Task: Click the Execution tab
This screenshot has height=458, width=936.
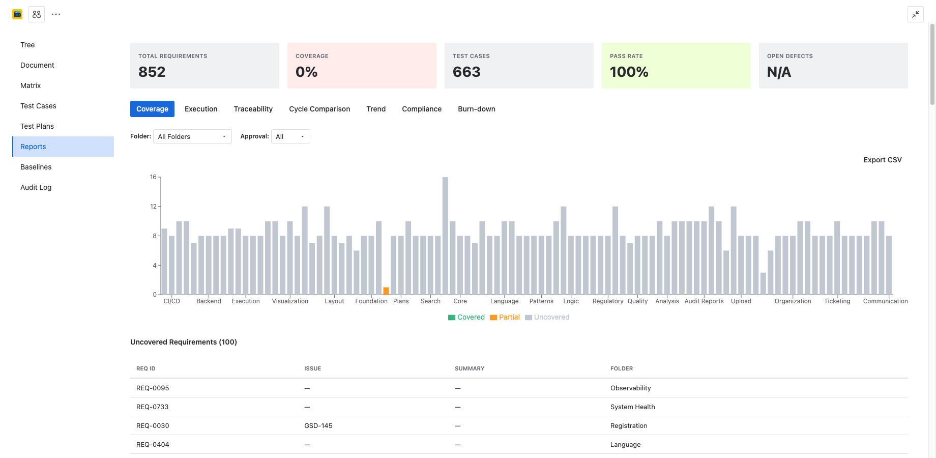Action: tap(201, 109)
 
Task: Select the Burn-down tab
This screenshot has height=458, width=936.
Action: tap(476, 109)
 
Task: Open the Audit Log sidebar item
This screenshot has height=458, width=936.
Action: tap(36, 187)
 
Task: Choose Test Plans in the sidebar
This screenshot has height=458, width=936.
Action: tap(37, 126)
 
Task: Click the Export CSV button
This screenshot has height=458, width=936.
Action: tap(882, 160)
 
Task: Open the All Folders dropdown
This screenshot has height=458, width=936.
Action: tap(192, 136)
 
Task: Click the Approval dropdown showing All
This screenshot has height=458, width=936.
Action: tap(290, 136)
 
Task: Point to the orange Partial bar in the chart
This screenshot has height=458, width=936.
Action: tap(386, 291)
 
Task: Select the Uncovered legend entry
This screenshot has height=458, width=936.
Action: tap(547, 317)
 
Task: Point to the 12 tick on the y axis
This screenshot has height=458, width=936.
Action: tap(153, 207)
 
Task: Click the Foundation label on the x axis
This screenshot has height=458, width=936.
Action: tap(371, 301)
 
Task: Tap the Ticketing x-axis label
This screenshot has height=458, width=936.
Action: tap(837, 301)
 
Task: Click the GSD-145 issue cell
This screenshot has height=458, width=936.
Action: tap(318, 425)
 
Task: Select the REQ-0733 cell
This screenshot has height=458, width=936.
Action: tap(152, 407)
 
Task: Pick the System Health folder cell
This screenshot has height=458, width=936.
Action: tap(632, 407)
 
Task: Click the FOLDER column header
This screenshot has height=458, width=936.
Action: tap(622, 368)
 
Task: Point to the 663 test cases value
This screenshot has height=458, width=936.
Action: tap(466, 72)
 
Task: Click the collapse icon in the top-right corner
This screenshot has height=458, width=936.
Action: tap(915, 14)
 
